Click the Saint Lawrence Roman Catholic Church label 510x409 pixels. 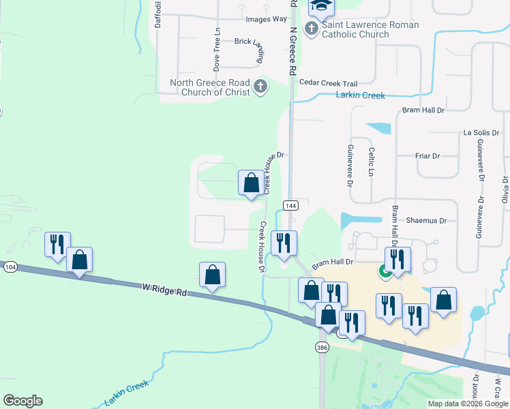[370, 29]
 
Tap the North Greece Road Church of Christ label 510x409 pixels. [210, 87]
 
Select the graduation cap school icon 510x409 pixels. [320, 6]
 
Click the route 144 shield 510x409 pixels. [290, 206]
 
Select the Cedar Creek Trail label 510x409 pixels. [323, 82]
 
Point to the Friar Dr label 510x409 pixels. [427, 156]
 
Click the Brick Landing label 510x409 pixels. [249, 42]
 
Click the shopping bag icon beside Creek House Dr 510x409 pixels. [251, 183]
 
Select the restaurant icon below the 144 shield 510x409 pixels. [283, 243]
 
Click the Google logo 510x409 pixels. [22, 401]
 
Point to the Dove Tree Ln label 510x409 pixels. [217, 50]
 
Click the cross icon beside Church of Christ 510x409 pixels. [260, 87]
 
